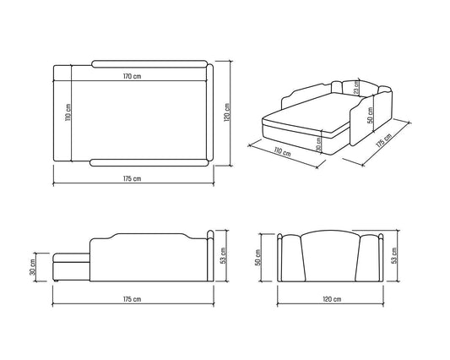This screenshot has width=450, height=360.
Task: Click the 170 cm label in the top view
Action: click(x=133, y=76)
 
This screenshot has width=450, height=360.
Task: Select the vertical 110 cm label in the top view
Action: click(x=68, y=112)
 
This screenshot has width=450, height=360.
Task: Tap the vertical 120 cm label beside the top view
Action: click(x=226, y=112)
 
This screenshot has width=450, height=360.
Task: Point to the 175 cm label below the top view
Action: click(x=133, y=178)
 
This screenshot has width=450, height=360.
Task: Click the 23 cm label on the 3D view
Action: click(x=356, y=87)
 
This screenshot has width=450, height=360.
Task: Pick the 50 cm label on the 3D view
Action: click(x=371, y=115)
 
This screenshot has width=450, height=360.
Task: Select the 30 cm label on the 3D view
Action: click(x=318, y=145)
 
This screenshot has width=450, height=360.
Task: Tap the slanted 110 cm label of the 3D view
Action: click(x=282, y=152)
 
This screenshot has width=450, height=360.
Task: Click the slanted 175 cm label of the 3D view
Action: click(x=383, y=140)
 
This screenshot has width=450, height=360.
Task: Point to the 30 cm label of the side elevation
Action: click(x=33, y=267)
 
